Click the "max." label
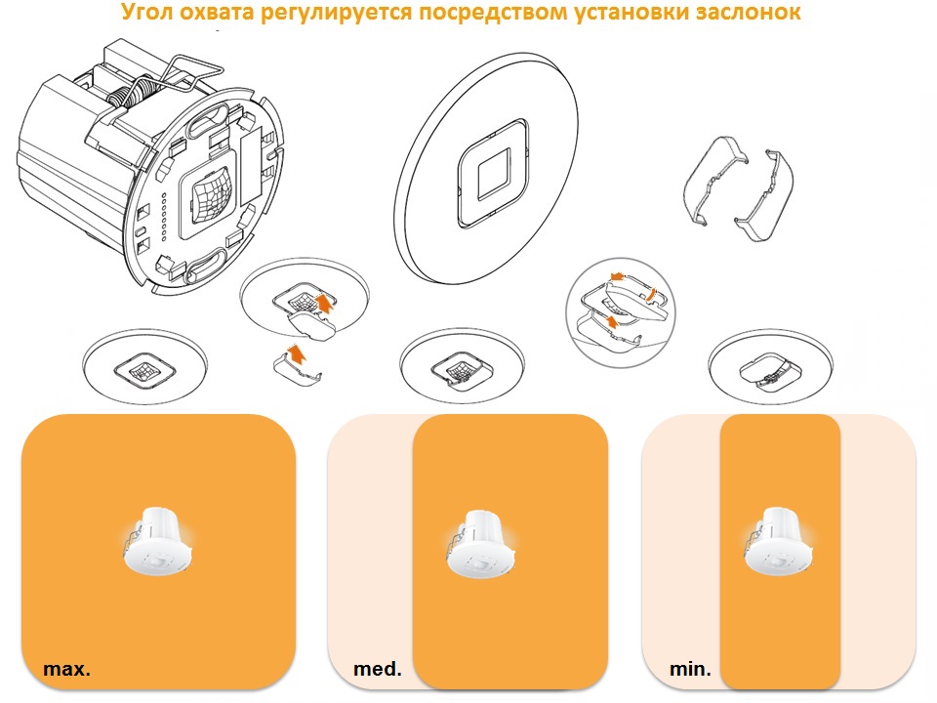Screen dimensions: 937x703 point(67,668)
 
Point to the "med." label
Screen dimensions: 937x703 point(378,668)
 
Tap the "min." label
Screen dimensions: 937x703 point(690,668)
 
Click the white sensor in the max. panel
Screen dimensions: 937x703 point(158,541)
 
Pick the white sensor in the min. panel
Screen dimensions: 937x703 point(778,541)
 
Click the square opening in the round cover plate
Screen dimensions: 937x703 point(494,174)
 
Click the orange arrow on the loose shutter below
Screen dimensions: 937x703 point(297,354)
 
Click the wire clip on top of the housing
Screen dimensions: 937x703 point(186,75)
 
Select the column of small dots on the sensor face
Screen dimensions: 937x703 point(164,217)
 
